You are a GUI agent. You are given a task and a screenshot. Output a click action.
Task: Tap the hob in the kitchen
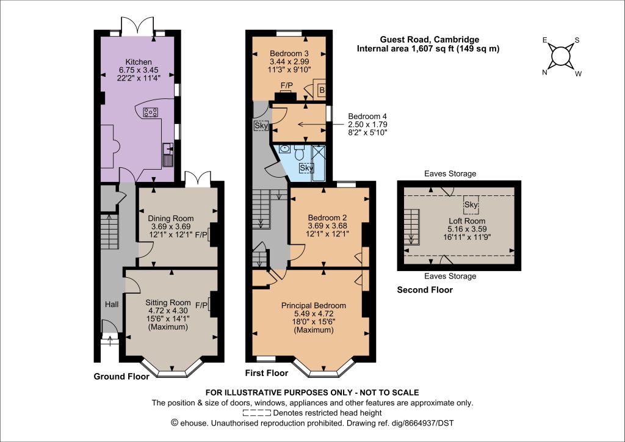tap(151, 112)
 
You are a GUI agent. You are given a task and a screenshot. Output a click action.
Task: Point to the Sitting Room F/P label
tap(201, 305)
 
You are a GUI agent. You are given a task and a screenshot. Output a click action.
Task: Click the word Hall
tap(112, 305)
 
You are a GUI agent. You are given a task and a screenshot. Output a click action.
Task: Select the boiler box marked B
tap(322, 90)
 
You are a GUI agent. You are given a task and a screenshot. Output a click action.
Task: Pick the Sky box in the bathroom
tap(306, 168)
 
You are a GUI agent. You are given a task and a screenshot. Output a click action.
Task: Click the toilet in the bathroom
tap(300, 151)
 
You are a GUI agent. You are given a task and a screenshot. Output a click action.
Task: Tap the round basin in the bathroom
tap(284, 149)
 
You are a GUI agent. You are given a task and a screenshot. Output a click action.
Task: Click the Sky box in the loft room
tap(471, 205)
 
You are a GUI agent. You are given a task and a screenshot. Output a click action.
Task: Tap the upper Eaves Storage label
tap(450, 173)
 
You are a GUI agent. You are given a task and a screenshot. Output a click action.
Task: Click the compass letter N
tap(544, 72)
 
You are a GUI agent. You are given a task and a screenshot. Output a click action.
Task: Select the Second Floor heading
tap(425, 290)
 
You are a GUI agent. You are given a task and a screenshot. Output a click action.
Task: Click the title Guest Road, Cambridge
tap(429, 40)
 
